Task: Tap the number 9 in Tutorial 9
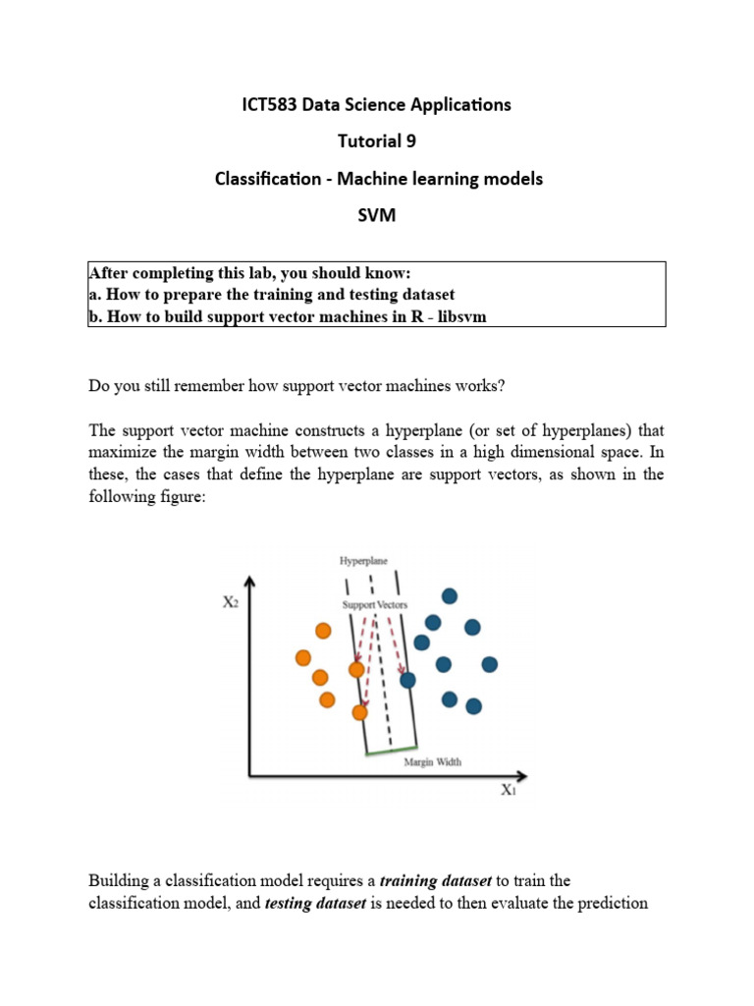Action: [410, 141]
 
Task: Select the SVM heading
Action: [377, 216]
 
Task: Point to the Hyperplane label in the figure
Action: [363, 561]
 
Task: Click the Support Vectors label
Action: [375, 604]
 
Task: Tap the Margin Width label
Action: [433, 761]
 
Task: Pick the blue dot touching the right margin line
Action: [407, 679]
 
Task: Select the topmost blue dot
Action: [450, 595]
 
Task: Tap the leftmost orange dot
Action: [303, 658]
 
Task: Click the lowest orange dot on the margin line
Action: [360, 712]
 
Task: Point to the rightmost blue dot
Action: [489, 665]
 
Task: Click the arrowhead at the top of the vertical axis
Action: [250, 582]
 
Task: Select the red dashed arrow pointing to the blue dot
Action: [394, 643]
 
